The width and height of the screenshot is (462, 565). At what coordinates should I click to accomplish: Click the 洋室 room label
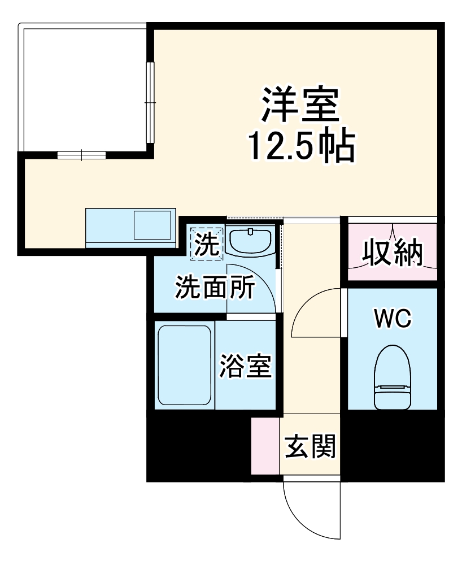pos(299,105)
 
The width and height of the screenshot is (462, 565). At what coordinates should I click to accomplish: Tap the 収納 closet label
pos(392,252)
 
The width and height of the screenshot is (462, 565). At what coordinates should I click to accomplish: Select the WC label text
pos(393,319)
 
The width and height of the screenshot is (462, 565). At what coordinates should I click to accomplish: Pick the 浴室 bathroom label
pos(246,366)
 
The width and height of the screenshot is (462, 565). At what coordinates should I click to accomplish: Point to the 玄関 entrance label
pos(310,446)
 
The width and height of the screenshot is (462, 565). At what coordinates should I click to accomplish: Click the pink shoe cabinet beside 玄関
pos(265,446)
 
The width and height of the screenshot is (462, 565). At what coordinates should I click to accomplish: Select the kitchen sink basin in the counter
pos(152,225)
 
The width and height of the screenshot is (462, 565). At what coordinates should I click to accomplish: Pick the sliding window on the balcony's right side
pos(150,102)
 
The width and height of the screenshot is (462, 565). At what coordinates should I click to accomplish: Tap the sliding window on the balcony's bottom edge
pos(81,154)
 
